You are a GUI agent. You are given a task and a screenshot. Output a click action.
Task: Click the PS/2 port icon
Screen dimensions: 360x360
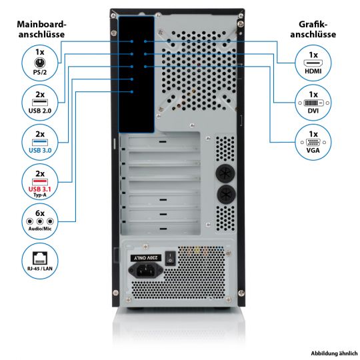click(40, 63)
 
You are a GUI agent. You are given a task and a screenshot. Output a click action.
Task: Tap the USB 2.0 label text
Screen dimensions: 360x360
click(40, 111)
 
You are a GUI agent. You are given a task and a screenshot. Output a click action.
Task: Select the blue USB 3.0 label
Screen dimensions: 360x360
click(40, 151)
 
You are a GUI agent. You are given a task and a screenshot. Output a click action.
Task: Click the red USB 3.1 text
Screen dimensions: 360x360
click(40, 189)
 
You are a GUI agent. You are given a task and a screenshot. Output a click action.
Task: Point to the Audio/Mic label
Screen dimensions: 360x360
click(40, 229)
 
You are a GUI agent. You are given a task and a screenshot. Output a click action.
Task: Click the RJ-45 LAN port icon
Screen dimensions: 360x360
click(40, 258)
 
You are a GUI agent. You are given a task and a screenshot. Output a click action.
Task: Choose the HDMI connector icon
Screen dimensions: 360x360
click(313, 63)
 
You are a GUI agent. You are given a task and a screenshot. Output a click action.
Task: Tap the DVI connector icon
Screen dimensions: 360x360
click(313, 103)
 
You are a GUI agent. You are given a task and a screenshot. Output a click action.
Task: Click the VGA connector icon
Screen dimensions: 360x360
click(313, 143)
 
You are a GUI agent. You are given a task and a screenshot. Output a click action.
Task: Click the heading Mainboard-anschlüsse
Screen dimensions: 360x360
click(41, 29)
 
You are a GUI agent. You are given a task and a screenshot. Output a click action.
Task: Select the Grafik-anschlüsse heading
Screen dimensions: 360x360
click(313, 29)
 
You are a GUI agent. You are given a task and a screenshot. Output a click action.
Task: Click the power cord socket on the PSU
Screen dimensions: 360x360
click(145, 270)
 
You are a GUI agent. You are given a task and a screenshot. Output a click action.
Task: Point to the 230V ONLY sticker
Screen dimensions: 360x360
click(146, 258)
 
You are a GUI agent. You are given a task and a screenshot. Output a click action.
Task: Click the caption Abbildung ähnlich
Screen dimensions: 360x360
click(334, 353)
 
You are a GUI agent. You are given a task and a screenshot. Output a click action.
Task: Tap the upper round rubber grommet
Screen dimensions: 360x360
click(225, 173)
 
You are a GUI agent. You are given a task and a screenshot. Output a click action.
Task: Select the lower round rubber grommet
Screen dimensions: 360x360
click(226, 195)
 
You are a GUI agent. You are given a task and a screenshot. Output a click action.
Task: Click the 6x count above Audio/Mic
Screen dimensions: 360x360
click(40, 213)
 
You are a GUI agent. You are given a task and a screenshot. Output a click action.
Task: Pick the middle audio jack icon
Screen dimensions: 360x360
click(40, 221)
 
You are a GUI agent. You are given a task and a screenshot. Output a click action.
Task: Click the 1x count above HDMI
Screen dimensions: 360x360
click(313, 55)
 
